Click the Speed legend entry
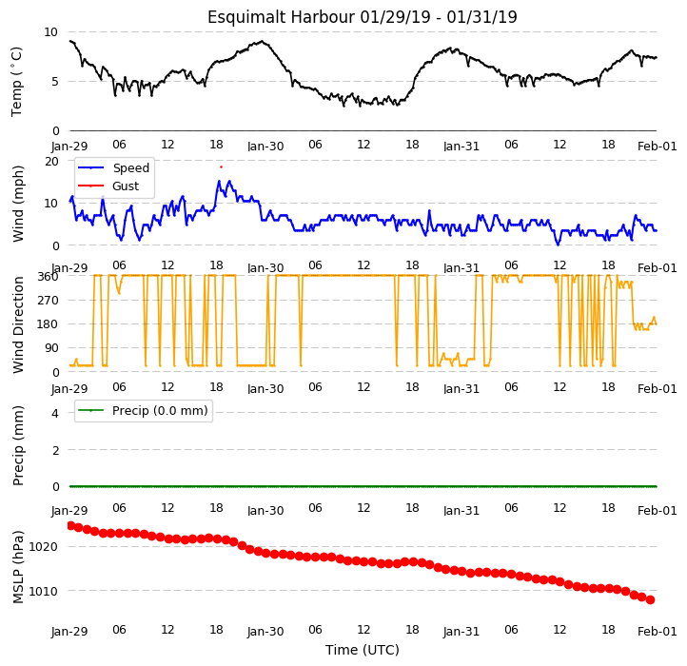pyautogui.click(x=113, y=167)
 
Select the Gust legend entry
pyautogui.click(x=108, y=186)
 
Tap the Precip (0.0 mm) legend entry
pyautogui.click(x=143, y=411)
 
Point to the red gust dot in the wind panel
pyautogui.click(x=222, y=166)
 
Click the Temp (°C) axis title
pyautogui.click(x=16, y=82)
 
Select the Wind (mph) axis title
pyautogui.click(x=17, y=204)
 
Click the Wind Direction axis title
pyautogui.click(x=18, y=324)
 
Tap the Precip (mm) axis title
pyautogui.click(x=18, y=445)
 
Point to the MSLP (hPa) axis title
pyautogui.click(x=18, y=567)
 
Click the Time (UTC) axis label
pyautogui.click(x=363, y=650)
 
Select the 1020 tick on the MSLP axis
pyautogui.click(x=43, y=547)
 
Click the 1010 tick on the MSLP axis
pyautogui.click(x=43, y=592)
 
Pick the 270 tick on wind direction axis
pyautogui.click(x=49, y=301)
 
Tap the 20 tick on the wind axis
pyautogui.click(x=51, y=162)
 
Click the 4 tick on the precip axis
pyautogui.click(x=55, y=413)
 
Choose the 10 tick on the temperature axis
pyautogui.click(x=50, y=32)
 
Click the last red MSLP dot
pyautogui.click(x=651, y=599)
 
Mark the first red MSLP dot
pyautogui.click(x=71, y=525)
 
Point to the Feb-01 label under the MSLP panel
pyautogui.click(x=658, y=632)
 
